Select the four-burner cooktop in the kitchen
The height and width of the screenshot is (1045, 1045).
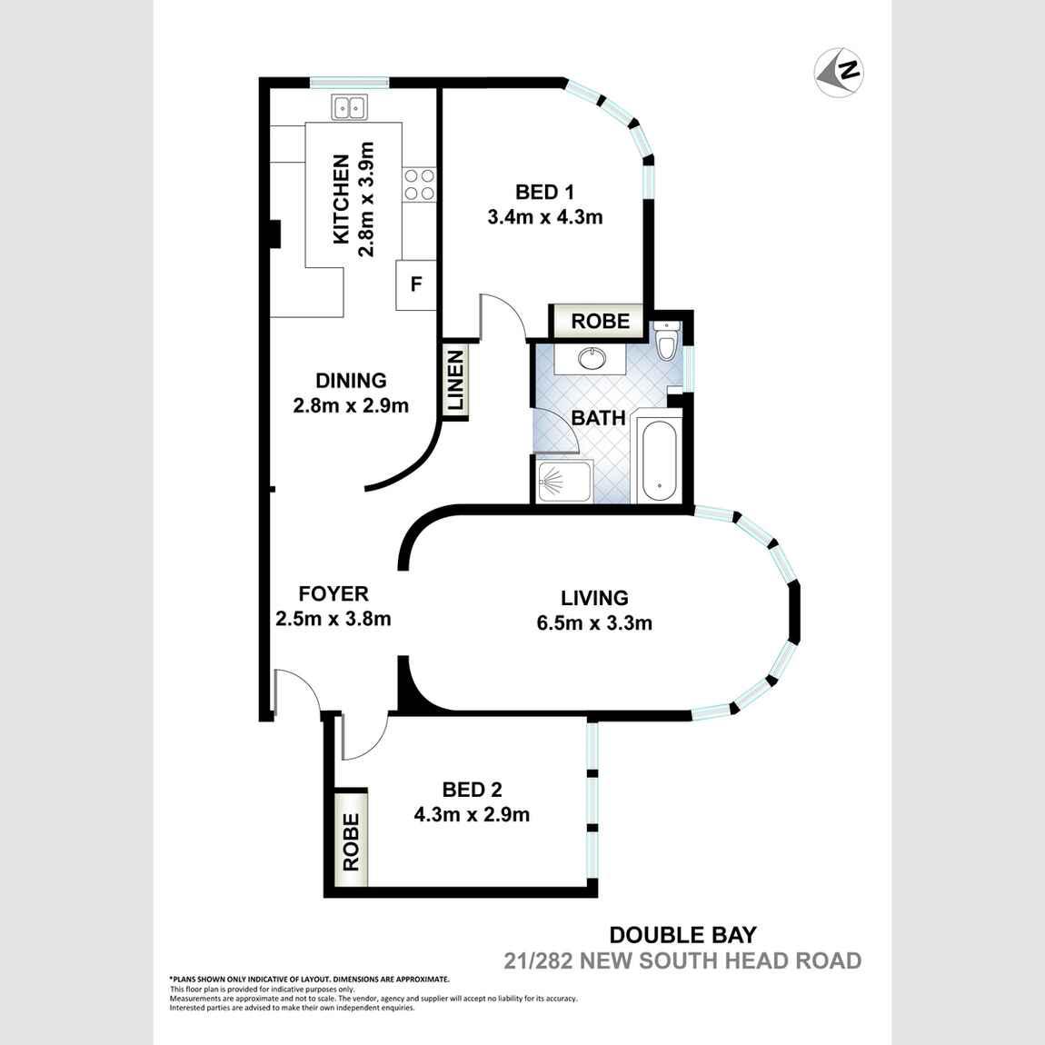[x=419, y=184]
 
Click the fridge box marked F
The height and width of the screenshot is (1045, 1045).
[x=416, y=284]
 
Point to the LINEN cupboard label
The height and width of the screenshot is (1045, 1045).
[x=455, y=382]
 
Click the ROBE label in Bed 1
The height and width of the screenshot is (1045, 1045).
[x=600, y=321]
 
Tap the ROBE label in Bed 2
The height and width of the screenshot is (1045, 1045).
[x=351, y=842]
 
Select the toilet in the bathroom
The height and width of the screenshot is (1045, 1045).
[x=667, y=343]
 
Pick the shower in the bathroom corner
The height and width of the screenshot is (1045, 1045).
[x=562, y=481]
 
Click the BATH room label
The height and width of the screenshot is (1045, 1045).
[x=598, y=418]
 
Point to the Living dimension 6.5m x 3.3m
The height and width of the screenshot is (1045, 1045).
[x=594, y=623]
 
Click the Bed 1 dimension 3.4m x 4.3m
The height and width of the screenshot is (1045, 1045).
[x=545, y=217]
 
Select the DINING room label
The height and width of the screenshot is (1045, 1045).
[x=351, y=381]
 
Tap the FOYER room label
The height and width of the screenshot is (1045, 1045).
[x=333, y=593]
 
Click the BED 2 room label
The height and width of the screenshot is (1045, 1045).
[x=472, y=790]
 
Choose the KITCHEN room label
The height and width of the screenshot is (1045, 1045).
[x=342, y=199]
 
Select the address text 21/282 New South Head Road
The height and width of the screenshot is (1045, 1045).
[x=682, y=960]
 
